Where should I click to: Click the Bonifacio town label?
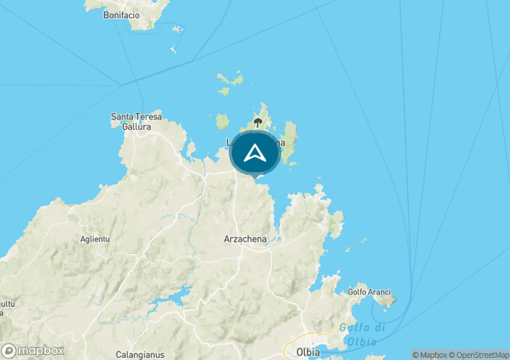tap(122, 15)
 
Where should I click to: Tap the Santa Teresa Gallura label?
tap(131, 121)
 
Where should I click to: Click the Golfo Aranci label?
tap(366, 291)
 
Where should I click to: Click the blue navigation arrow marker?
tap(254, 153)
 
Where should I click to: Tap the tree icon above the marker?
tap(257, 122)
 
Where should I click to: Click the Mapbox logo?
tap(33, 351)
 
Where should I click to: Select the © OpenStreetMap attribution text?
tap(479, 355)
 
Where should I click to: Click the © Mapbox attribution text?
tap(430, 355)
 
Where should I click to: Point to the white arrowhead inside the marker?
tap(254, 152)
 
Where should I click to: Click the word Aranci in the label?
tap(376, 291)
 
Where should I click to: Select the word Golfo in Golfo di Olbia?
tap(351, 328)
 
